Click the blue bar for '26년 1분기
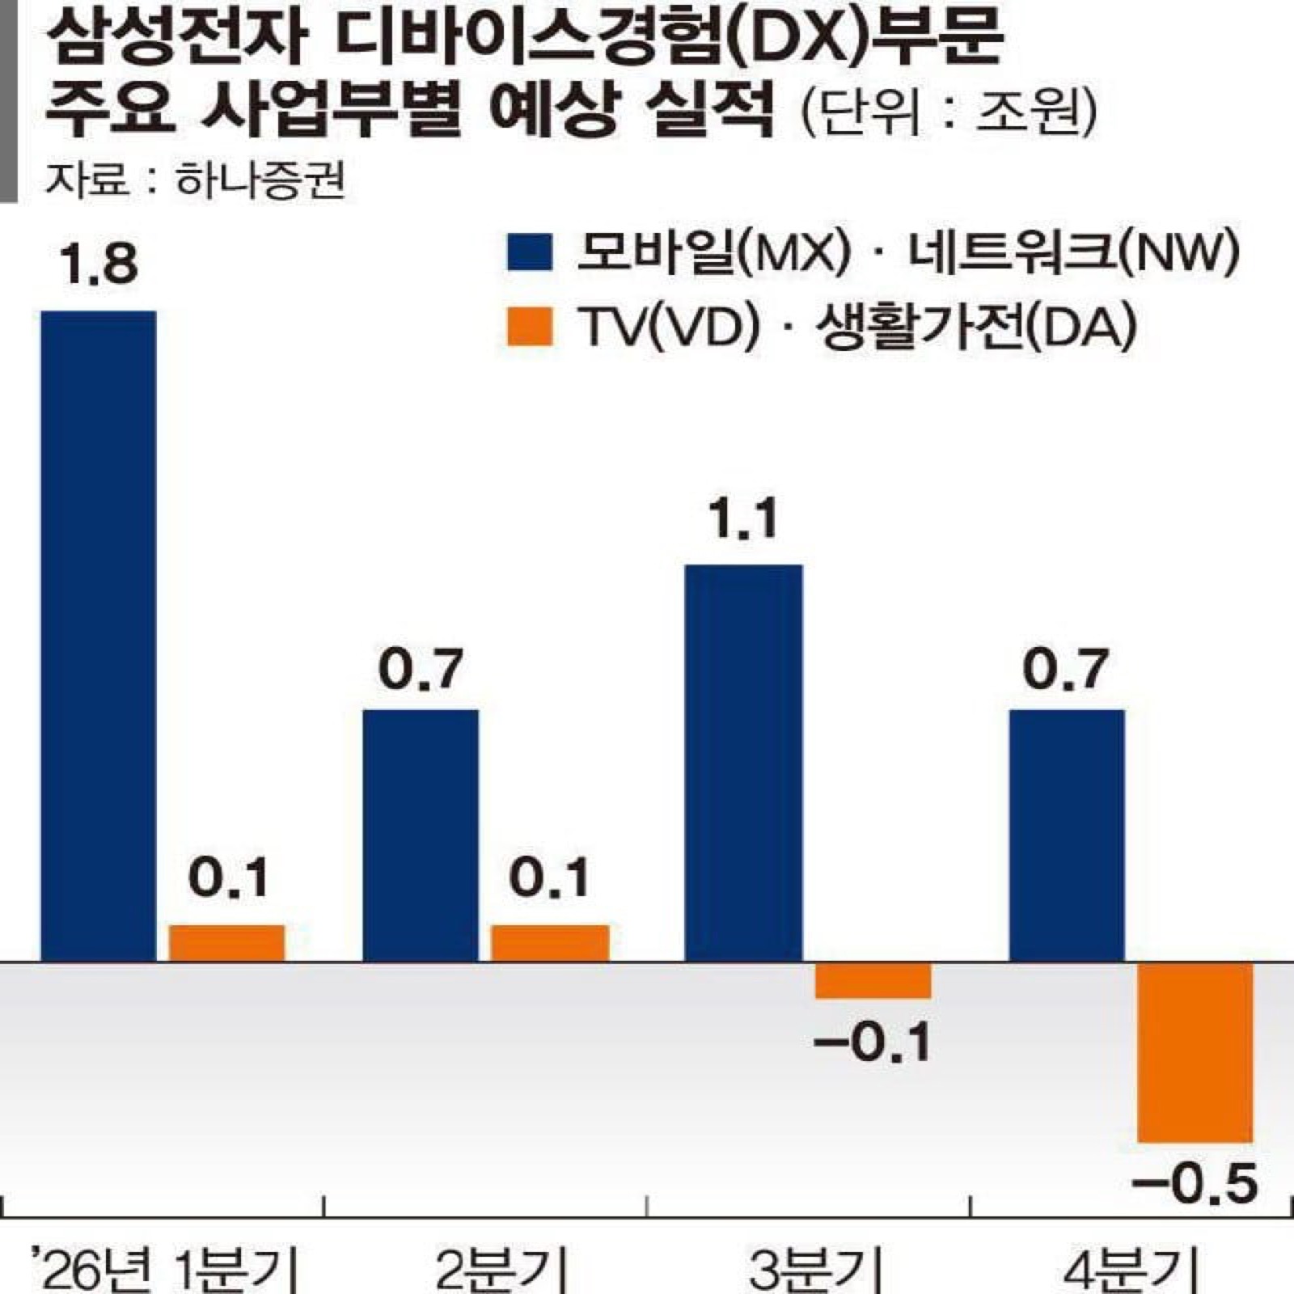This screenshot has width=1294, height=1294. point(99,636)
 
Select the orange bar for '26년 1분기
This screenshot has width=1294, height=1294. point(226,943)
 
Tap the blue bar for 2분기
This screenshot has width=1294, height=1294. point(421,835)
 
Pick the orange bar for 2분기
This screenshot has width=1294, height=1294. point(550,943)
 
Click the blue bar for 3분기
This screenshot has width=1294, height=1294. point(743,763)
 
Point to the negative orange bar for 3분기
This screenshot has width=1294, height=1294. point(873,980)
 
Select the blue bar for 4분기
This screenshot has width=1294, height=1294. point(1067,835)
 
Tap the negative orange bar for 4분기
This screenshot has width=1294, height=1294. point(1195,1052)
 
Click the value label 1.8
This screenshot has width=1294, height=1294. point(99,264)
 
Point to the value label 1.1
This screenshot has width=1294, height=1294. point(743,518)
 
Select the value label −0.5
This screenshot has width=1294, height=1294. point(1195,1184)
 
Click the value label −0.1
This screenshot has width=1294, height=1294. point(873,1042)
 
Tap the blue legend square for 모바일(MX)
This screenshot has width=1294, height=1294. point(530,252)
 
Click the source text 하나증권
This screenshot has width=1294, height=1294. point(260,180)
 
